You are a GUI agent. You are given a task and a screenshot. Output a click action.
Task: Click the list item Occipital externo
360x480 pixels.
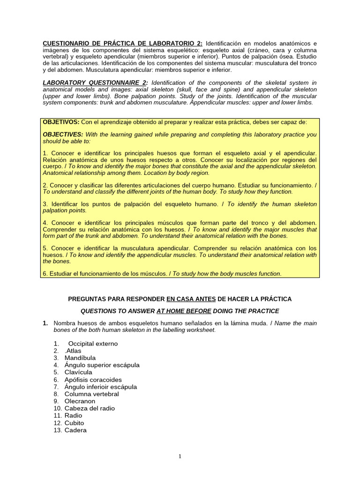(x=93, y=344)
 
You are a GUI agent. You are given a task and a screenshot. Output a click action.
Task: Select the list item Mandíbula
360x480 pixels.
(x=80, y=358)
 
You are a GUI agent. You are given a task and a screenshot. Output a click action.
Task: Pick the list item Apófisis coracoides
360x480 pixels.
(x=93, y=380)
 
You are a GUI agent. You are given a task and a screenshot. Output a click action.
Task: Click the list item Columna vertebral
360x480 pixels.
(x=92, y=394)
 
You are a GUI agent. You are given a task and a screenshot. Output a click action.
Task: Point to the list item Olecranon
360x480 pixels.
(x=80, y=401)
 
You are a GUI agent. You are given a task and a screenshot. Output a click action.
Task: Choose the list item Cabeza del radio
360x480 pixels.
(x=90, y=408)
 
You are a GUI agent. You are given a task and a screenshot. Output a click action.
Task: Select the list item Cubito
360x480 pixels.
(x=75, y=423)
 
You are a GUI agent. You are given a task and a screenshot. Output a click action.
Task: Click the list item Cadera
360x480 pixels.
(x=75, y=430)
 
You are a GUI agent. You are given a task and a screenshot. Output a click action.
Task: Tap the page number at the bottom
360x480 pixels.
(x=180, y=457)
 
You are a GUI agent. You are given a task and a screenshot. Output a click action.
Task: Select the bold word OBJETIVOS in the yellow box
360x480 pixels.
(x=61, y=122)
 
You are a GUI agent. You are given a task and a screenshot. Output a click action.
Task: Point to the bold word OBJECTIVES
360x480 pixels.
(x=63, y=135)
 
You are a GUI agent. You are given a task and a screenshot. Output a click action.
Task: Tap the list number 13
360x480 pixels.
(x=57, y=430)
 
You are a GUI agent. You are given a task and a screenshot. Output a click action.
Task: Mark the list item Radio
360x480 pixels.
(x=74, y=416)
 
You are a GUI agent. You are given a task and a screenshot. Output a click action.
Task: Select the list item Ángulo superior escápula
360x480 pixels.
(x=102, y=365)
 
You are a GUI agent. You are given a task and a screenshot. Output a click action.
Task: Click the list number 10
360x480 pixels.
(x=57, y=408)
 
